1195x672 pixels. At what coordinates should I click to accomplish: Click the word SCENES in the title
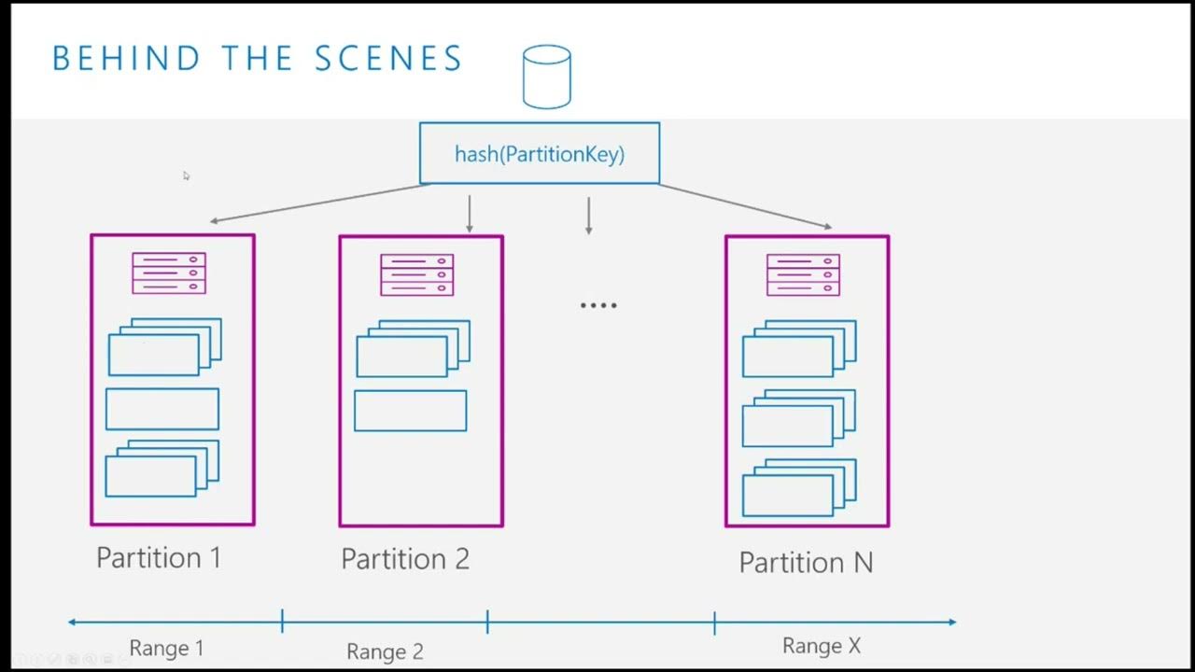tap(388, 59)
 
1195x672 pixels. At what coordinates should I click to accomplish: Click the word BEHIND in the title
tap(126, 59)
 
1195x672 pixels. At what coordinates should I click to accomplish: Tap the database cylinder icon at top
tap(546, 77)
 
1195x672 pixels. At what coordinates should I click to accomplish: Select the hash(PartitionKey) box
tap(540, 154)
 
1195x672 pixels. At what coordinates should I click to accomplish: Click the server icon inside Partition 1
tap(169, 273)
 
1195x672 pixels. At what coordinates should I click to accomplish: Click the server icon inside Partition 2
tap(417, 275)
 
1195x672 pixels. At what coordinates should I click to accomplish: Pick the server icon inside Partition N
tap(803, 275)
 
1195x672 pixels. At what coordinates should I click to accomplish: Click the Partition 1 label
tap(159, 558)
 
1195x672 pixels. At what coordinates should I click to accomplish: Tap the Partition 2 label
tap(405, 559)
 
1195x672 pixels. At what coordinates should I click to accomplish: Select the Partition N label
tap(806, 563)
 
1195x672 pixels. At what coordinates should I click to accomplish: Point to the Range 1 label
tap(166, 648)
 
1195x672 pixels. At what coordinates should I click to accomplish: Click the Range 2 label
tap(385, 651)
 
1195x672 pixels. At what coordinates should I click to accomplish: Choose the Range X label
tap(822, 646)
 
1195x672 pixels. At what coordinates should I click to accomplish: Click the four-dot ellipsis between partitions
tap(598, 305)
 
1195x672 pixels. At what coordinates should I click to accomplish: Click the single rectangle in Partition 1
tap(162, 409)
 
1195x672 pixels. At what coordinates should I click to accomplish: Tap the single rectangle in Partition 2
tap(411, 411)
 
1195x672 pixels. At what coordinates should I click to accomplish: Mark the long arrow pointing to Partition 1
tap(317, 203)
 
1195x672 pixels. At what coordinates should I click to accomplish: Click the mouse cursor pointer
tap(186, 175)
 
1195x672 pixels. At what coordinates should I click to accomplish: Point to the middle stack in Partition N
tap(798, 418)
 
